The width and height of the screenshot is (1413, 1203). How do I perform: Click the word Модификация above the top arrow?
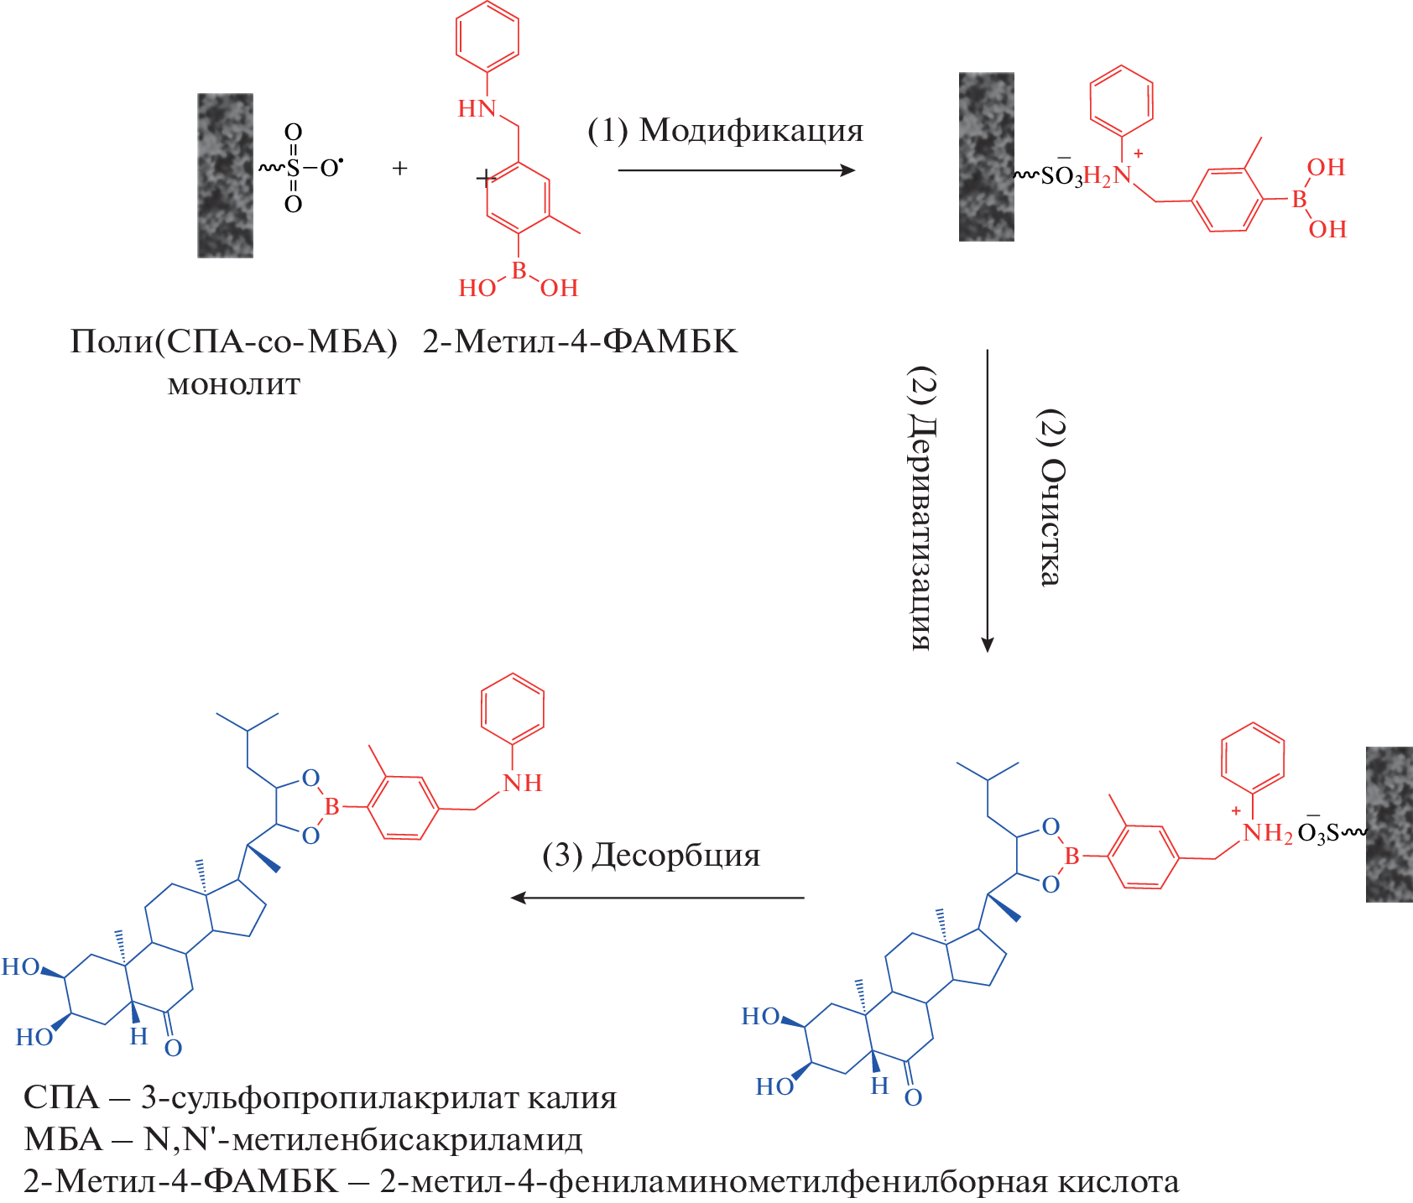(x=751, y=131)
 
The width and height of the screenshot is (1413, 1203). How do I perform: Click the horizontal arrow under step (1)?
(x=736, y=170)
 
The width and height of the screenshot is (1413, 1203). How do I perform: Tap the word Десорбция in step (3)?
(x=675, y=856)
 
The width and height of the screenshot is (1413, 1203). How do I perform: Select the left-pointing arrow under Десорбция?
(x=657, y=898)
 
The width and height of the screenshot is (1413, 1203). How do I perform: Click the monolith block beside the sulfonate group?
(x=225, y=175)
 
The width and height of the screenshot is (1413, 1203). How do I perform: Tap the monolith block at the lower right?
(x=1389, y=824)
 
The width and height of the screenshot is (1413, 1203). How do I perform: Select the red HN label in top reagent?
(x=477, y=109)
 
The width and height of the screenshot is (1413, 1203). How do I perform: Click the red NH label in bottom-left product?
(x=522, y=784)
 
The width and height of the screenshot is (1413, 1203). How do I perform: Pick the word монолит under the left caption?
(x=234, y=385)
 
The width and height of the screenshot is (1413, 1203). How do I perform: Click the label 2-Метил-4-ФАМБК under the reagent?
(x=580, y=342)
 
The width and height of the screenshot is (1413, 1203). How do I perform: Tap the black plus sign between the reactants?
(x=400, y=169)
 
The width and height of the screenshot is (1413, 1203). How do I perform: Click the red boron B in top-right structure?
(x=1299, y=200)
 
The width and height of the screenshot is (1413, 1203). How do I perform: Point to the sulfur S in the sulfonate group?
(x=293, y=169)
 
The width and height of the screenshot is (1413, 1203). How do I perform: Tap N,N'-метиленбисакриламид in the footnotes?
(x=363, y=1140)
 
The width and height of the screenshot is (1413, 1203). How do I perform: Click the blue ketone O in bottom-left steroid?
(x=173, y=1048)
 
